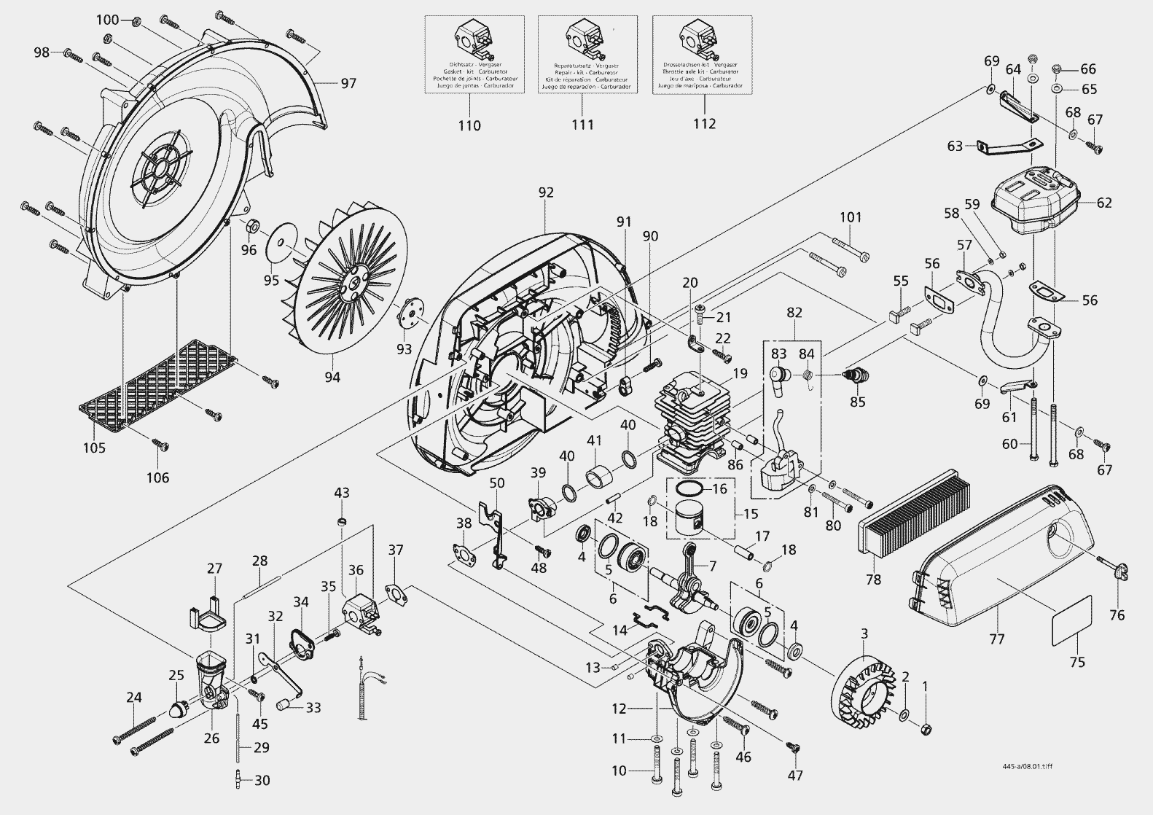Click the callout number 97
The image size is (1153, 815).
[348, 84]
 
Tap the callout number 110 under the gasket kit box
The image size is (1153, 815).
[469, 125]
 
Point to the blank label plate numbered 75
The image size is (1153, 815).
[1071, 620]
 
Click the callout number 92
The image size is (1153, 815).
[546, 192]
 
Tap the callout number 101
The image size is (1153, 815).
[850, 217]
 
